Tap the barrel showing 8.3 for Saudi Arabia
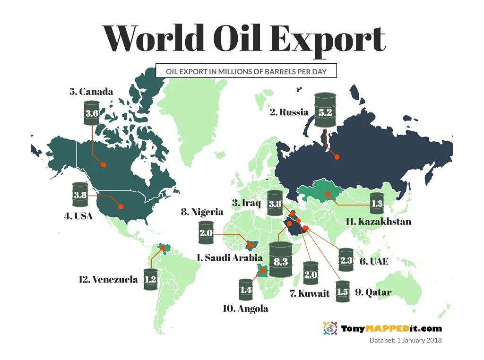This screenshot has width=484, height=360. point(281,261)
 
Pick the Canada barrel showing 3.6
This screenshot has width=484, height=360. point(92,113)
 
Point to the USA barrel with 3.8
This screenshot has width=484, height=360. point(80,195)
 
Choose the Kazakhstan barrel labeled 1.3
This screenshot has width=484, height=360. point(377,204)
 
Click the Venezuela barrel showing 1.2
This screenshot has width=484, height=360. point(150,279)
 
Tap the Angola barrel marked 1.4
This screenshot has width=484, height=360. point(246,290)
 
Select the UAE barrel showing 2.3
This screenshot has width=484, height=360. point(346,260)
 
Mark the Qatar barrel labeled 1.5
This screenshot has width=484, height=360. point(342,292)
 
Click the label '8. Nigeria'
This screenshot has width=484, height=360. point(202,212)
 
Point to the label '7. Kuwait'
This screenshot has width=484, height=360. point(310,293)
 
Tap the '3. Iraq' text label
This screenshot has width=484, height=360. point(246,203)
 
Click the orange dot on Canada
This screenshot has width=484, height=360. point(103,164)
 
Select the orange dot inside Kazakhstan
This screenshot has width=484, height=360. point(327,194)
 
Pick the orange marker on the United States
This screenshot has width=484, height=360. point(121,206)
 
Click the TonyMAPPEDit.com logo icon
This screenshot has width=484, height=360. point(330,328)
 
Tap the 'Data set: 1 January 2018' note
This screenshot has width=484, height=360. point(405,340)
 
